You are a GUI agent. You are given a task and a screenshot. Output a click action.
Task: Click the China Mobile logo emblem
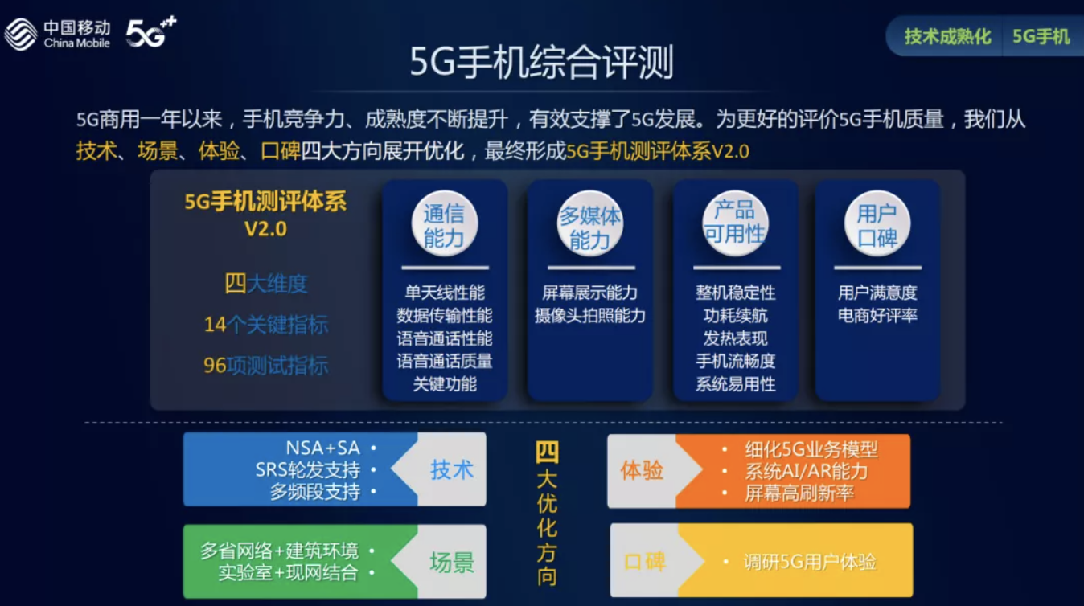pyautogui.click(x=20, y=34)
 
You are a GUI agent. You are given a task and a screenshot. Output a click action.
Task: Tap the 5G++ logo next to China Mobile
pyautogui.click(x=151, y=32)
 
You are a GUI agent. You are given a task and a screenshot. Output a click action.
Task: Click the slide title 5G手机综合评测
pyautogui.click(x=541, y=63)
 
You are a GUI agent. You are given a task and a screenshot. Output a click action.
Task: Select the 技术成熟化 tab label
pyautogui.click(x=947, y=37)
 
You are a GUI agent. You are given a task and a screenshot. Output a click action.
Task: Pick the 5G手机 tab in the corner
pyautogui.click(x=1041, y=37)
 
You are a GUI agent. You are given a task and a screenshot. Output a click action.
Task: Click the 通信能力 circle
pyautogui.click(x=444, y=223)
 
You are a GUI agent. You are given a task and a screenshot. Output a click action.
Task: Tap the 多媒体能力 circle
pyautogui.click(x=590, y=223)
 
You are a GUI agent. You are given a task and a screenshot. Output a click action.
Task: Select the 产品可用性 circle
pyautogui.click(x=735, y=223)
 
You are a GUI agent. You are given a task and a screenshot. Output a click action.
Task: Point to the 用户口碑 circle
pyautogui.click(x=877, y=223)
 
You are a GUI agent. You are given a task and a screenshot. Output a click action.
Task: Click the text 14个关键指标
pyautogui.click(x=266, y=325)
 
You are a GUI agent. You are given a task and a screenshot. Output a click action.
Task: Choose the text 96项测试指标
pyautogui.click(x=266, y=366)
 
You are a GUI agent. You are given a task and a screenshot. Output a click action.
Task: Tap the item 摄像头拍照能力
pyautogui.click(x=590, y=316)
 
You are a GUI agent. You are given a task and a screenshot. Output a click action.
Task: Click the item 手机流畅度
pyautogui.click(x=736, y=362)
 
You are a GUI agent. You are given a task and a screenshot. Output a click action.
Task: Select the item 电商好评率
pyautogui.click(x=877, y=316)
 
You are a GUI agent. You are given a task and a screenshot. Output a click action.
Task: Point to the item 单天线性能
pyautogui.click(x=445, y=293)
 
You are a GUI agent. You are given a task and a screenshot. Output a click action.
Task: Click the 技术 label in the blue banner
pyautogui.click(x=451, y=470)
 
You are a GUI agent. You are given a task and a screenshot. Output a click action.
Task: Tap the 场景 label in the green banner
pyautogui.click(x=451, y=563)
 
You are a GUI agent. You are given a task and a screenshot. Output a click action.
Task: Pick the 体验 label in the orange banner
pyautogui.click(x=642, y=471)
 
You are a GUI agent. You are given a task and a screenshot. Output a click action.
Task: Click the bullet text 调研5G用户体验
pyautogui.click(x=810, y=562)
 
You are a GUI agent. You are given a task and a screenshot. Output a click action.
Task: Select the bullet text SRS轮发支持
pyautogui.click(x=308, y=469)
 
